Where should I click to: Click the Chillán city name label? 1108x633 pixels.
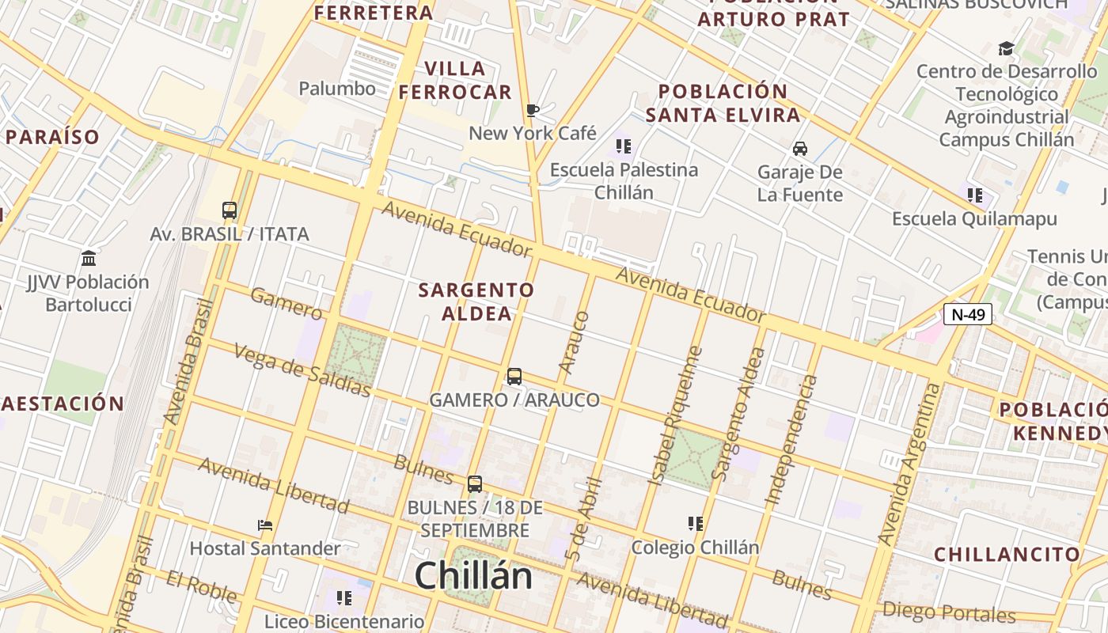(473, 575)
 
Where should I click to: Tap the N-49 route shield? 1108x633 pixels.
(968, 314)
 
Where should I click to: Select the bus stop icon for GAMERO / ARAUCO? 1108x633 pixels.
(514, 377)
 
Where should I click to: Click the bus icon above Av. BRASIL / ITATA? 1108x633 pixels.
(230, 210)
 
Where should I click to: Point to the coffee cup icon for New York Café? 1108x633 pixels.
(533, 110)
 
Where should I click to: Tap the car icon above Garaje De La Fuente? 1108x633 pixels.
(800, 148)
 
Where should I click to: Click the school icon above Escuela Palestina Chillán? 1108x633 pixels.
(624, 146)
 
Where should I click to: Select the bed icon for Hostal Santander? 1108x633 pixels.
(265, 525)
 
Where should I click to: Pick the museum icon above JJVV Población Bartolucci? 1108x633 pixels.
(88, 258)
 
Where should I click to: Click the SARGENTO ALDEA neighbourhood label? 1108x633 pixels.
(476, 301)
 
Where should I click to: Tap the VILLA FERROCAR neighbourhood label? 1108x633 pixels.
(455, 80)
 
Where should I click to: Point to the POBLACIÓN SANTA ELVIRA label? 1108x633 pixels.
(723, 103)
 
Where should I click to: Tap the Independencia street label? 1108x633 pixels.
(792, 440)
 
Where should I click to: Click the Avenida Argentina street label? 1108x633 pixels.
(910, 464)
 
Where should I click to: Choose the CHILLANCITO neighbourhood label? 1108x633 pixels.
(1007, 554)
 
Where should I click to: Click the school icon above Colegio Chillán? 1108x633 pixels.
(696, 524)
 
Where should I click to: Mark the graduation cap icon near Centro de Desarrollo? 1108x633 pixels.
(1006, 49)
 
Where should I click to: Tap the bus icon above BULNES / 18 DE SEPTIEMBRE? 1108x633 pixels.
(475, 484)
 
